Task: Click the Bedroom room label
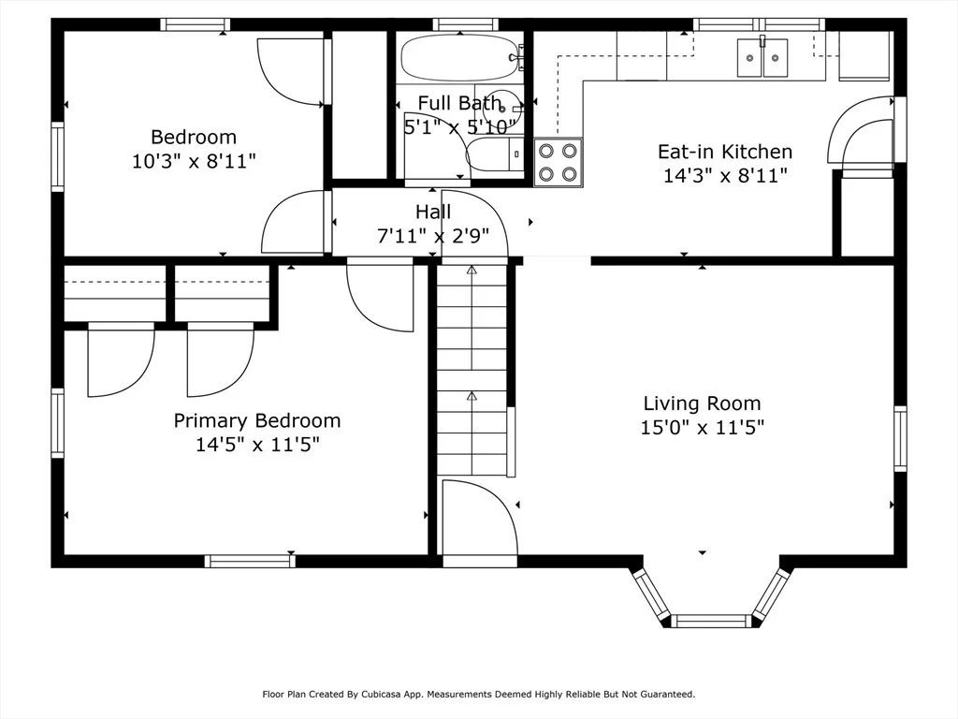[194, 137]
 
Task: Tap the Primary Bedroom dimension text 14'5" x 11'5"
[257, 445]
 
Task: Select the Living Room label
[702, 404]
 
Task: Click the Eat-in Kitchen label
[725, 152]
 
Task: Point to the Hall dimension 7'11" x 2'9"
[433, 235]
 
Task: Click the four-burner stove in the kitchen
[558, 162]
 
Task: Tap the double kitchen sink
[762, 57]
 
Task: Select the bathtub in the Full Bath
[460, 57]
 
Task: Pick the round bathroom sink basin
[502, 109]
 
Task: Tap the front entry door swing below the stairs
[480, 519]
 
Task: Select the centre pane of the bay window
[711, 622]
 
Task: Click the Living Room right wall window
[900, 438]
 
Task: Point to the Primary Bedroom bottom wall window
[249, 562]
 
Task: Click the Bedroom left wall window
[57, 156]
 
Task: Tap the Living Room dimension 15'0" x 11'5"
[702, 427]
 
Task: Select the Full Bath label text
[459, 103]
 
